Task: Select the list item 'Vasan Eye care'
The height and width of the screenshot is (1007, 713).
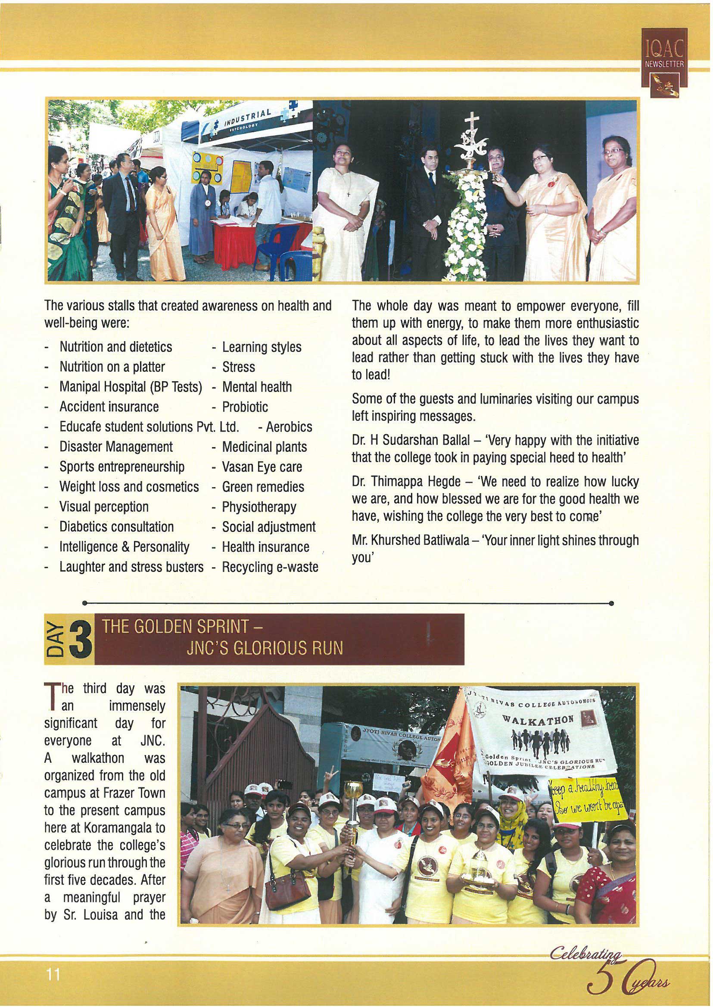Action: click(x=262, y=467)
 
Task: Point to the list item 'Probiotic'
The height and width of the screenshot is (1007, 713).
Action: click(x=245, y=407)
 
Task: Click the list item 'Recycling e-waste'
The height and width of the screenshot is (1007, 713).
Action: click(x=270, y=567)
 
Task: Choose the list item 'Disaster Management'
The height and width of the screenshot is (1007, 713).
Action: click(x=116, y=447)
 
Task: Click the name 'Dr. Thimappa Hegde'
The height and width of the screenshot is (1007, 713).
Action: click(x=406, y=482)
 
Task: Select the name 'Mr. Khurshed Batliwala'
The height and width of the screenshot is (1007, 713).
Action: click(x=410, y=541)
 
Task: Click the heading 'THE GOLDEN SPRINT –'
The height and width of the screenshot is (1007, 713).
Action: click(x=182, y=627)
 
